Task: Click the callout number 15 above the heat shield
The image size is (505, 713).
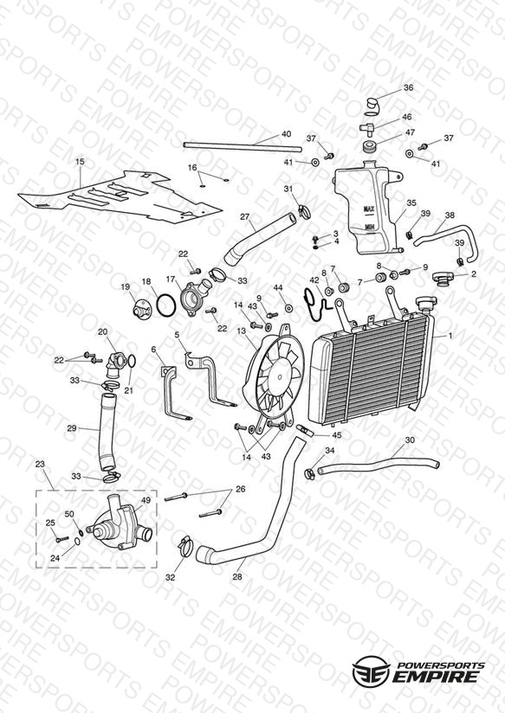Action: (x=81, y=162)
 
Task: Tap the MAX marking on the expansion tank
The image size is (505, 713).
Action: (x=368, y=209)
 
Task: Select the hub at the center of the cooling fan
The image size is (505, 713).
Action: (x=279, y=376)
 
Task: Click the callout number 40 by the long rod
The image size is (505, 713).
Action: (x=286, y=134)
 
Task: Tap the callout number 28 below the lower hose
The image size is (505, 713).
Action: (x=237, y=577)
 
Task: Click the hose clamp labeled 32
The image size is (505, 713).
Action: (x=184, y=545)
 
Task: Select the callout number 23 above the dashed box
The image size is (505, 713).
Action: (x=40, y=465)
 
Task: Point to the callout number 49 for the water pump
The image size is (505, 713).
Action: (x=146, y=500)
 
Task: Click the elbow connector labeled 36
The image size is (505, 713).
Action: (x=372, y=106)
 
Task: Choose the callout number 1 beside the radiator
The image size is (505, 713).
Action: (x=450, y=336)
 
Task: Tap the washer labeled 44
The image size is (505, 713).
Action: (x=288, y=308)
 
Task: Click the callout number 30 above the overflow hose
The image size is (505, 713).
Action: (x=410, y=440)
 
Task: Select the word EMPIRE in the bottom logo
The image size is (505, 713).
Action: (x=438, y=677)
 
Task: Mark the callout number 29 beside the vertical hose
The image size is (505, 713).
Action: (x=72, y=428)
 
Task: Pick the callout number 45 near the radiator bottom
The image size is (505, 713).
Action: (x=336, y=435)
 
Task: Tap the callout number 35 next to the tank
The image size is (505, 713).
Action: (x=411, y=203)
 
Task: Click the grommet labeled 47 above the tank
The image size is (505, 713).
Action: (x=368, y=147)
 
